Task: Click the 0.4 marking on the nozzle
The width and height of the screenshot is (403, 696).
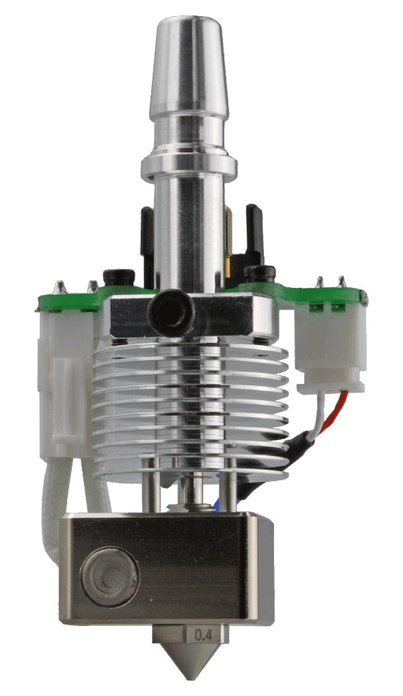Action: pos(202,633)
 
